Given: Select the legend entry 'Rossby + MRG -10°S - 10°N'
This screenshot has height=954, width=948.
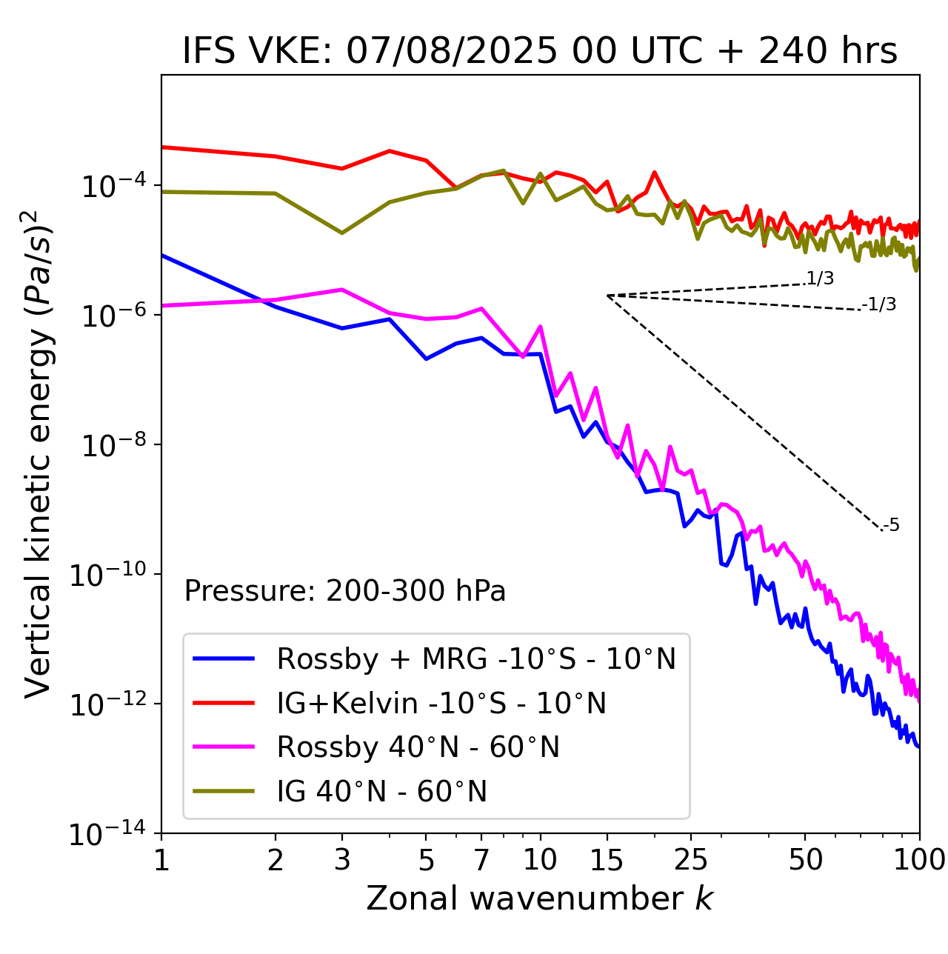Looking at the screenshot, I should (476, 658).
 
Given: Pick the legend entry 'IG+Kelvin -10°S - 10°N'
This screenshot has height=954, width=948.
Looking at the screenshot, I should (441, 703).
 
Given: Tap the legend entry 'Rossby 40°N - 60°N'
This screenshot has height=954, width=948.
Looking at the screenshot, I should (418, 747).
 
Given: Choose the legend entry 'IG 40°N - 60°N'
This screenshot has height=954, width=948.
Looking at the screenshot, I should (381, 792).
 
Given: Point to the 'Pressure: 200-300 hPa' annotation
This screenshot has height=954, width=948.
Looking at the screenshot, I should (344, 591).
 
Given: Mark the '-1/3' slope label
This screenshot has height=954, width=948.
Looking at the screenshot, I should (880, 304).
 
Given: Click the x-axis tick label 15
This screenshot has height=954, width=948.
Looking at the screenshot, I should (607, 860).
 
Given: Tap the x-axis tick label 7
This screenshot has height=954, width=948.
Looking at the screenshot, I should (481, 860).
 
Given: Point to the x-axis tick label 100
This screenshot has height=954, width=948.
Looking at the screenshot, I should (919, 860).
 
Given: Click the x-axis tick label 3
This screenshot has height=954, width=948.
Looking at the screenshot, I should (342, 860).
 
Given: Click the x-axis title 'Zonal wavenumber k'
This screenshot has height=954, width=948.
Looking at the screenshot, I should (539, 898).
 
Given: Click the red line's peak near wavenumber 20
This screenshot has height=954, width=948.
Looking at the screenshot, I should (655, 173).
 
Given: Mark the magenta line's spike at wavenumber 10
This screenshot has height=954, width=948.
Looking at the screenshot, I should (541, 326).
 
